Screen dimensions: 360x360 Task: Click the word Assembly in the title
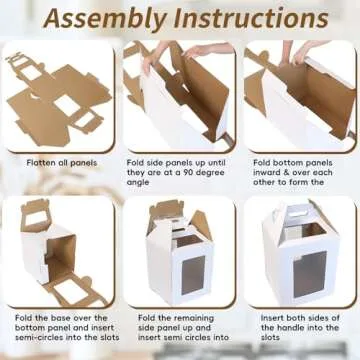109,19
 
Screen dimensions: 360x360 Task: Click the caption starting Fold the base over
58,330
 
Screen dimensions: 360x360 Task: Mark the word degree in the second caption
208,173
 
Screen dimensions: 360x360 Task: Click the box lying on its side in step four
50,250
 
